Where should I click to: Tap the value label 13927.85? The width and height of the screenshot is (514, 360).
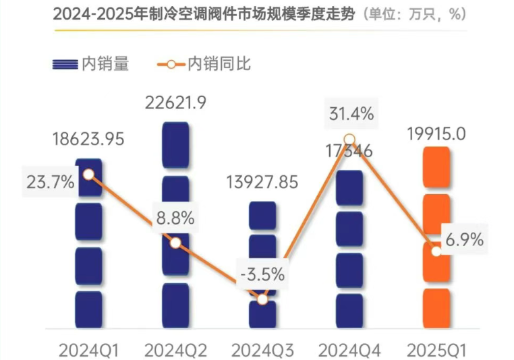tap(263, 183)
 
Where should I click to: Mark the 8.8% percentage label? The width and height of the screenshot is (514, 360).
tap(175, 218)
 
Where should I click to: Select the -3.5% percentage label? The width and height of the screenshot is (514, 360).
tap(263, 274)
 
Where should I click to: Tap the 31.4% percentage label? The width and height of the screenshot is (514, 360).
tap(349, 113)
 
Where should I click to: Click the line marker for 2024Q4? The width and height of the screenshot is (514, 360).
tap(349, 140)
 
